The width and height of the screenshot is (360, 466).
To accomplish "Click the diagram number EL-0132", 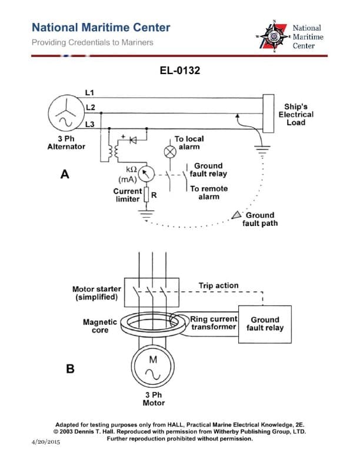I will [x=179, y=71].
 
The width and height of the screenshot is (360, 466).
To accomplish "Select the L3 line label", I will [x=89, y=124].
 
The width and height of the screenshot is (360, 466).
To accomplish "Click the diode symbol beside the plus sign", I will [x=133, y=141].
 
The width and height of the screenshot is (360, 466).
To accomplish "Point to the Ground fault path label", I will [x=260, y=219].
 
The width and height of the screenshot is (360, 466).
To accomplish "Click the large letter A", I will [x=65, y=174].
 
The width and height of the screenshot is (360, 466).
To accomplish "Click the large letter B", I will [x=70, y=370].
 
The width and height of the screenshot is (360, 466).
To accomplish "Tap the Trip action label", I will [x=218, y=285].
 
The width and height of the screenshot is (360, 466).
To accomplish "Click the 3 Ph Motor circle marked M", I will [x=152, y=367].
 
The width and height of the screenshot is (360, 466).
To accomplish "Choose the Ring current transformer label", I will [x=214, y=322].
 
